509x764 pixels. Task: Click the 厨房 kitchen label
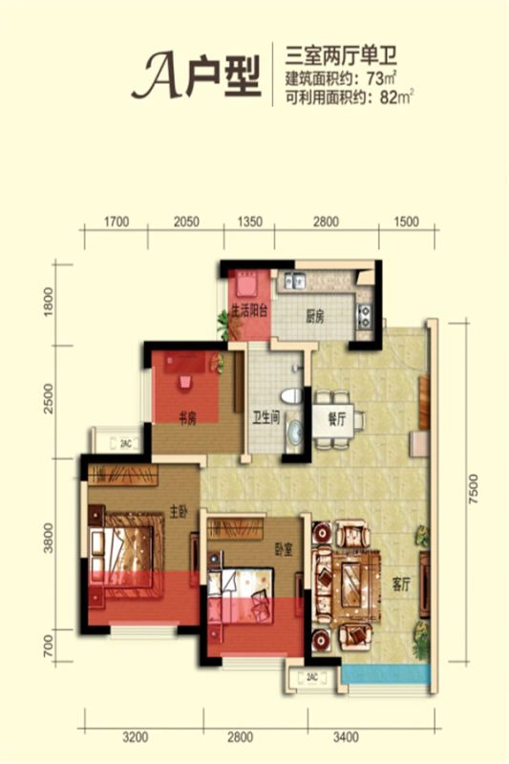click(x=314, y=317)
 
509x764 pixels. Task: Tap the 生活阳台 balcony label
click(x=249, y=311)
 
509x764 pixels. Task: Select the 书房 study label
click(x=187, y=418)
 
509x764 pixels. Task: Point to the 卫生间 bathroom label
click(x=265, y=417)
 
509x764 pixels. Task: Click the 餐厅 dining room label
click(x=336, y=419)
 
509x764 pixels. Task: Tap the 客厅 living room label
click(x=402, y=584)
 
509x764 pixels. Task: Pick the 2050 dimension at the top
click(x=186, y=222)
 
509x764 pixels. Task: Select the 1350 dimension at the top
click(x=249, y=222)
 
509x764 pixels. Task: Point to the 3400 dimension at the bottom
click(x=346, y=736)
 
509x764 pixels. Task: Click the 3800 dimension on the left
click(x=48, y=539)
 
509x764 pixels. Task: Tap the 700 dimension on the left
click(x=48, y=647)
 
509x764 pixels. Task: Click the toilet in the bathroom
click(x=290, y=395)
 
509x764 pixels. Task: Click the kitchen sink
click(x=295, y=280)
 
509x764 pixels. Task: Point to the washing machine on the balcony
click(x=249, y=283)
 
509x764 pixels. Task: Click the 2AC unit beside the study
click(x=117, y=443)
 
